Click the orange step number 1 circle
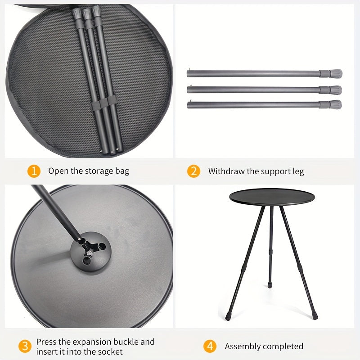[34, 171]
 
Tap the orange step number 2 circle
[193, 171]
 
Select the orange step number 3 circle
[25, 346]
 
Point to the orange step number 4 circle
[210, 346]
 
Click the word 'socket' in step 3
[111, 351]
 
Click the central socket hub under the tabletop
[91, 252]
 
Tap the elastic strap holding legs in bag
[104, 103]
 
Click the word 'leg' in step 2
[298, 172]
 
